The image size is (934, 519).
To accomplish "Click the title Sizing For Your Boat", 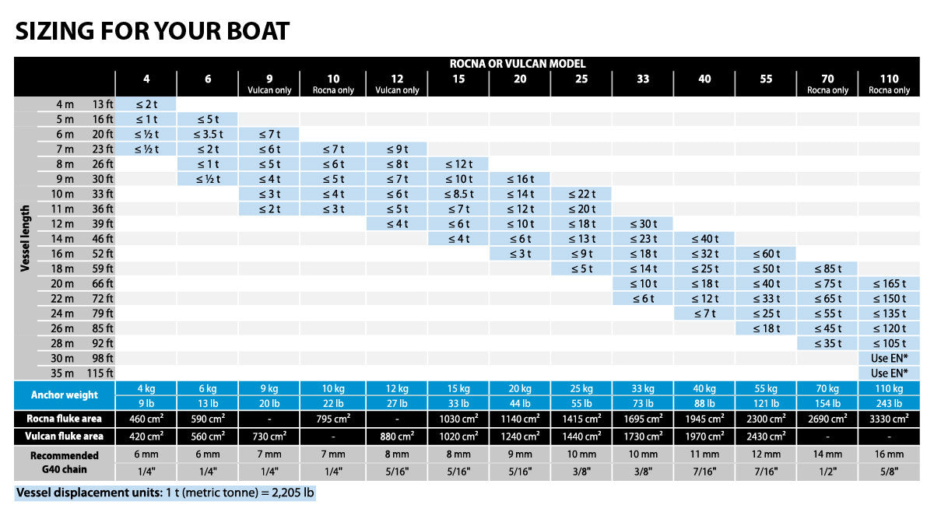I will tap(153, 31).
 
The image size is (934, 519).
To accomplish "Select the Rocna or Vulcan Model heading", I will tap(518, 64).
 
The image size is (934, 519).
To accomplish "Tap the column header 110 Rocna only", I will tap(889, 83).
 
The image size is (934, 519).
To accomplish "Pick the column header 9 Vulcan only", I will tap(269, 83).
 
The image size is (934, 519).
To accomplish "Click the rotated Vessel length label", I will tap(25, 238).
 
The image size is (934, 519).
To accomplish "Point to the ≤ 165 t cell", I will tap(889, 284).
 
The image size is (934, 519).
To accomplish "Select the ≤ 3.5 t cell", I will tap(208, 134).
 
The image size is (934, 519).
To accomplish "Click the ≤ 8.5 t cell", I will tap(458, 194).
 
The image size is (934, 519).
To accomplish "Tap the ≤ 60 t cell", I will tap(766, 254).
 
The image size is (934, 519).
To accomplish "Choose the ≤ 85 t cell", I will tap(827, 268).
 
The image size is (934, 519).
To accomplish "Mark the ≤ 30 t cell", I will tap(643, 224).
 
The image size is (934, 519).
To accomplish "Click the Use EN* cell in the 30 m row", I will tap(889, 358).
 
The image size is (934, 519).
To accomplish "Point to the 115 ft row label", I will tap(100, 373).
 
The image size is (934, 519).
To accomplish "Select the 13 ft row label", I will tap(103, 104).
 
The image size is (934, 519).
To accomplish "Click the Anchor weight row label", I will tap(65, 395).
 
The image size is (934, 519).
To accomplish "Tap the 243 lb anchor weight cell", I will tap(889, 403).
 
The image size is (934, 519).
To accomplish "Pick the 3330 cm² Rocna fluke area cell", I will tap(889, 419).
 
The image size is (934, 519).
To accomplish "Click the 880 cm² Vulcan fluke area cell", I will tap(396, 437).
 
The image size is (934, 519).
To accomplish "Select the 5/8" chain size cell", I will tap(889, 472).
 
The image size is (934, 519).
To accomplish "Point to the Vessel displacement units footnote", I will tap(166, 493).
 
